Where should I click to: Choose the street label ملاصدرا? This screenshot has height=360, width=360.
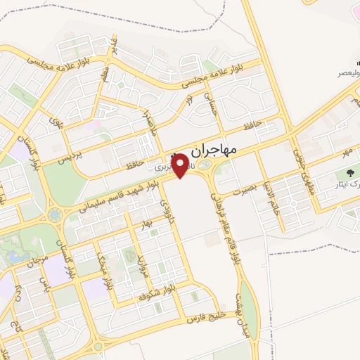coord(148,113)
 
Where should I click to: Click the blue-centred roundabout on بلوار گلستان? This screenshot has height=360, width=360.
coord(54,214)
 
